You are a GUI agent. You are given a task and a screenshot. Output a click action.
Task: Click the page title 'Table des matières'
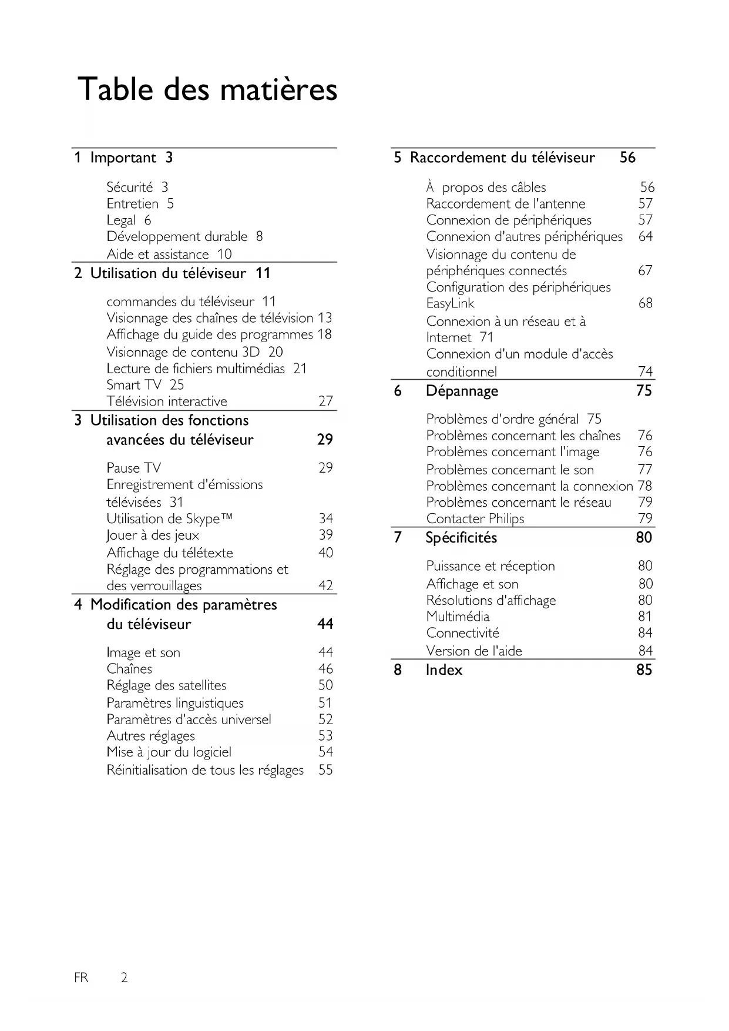pyautogui.click(x=207, y=90)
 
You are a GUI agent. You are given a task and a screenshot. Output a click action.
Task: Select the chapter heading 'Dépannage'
pyautogui.click(x=462, y=391)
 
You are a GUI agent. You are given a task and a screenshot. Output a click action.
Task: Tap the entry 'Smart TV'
pyautogui.click(x=134, y=385)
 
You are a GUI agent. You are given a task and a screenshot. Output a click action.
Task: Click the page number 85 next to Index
pyautogui.click(x=644, y=670)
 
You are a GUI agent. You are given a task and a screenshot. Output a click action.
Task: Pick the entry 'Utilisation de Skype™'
pyautogui.click(x=169, y=519)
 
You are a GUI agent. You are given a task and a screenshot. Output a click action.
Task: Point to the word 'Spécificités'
pyautogui.click(x=461, y=538)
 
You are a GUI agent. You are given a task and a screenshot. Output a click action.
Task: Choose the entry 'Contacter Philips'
pyautogui.click(x=475, y=519)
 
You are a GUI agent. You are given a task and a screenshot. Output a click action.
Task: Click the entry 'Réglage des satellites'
pyautogui.click(x=166, y=685)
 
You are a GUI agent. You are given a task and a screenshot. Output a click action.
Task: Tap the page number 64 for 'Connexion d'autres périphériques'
pyautogui.click(x=645, y=236)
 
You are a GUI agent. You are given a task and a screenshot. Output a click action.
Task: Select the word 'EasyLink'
pyautogui.click(x=450, y=303)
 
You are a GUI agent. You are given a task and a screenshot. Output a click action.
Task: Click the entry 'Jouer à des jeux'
pyautogui.click(x=153, y=535)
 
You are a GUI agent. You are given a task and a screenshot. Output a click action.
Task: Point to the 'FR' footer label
pyautogui.click(x=81, y=978)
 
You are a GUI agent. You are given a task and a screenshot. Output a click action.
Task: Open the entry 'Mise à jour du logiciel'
pyautogui.click(x=169, y=752)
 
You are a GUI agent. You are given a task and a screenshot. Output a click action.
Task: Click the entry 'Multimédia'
pyautogui.click(x=458, y=617)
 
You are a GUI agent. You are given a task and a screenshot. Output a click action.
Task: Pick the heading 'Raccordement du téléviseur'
pyautogui.click(x=502, y=158)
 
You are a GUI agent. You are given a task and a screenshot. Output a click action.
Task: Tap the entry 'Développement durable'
pyautogui.click(x=177, y=237)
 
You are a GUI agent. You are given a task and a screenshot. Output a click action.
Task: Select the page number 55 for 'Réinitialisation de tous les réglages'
pyautogui.click(x=325, y=770)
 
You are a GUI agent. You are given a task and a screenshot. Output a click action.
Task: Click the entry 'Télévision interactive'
pyautogui.click(x=167, y=401)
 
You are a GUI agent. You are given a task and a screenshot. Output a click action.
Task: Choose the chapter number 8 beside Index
pyautogui.click(x=398, y=670)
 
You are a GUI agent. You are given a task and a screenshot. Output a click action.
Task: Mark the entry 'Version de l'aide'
pyautogui.click(x=474, y=651)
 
